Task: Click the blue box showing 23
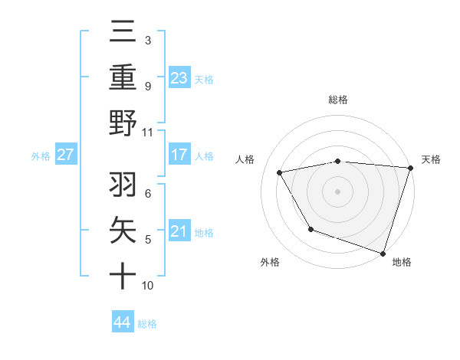click(x=179, y=77)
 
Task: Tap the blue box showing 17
click(x=179, y=154)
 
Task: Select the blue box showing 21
click(x=179, y=231)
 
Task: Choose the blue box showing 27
click(x=66, y=154)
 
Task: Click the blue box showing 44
click(x=122, y=322)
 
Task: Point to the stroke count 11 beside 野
click(x=148, y=132)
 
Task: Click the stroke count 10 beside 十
click(x=148, y=285)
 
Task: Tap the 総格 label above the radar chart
click(x=338, y=100)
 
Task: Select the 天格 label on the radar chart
click(x=431, y=159)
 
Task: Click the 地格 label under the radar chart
click(x=402, y=262)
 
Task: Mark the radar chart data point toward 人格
click(x=280, y=172)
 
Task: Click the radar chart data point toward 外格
click(x=310, y=229)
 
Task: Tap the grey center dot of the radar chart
click(x=338, y=191)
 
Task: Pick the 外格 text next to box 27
click(x=41, y=155)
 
